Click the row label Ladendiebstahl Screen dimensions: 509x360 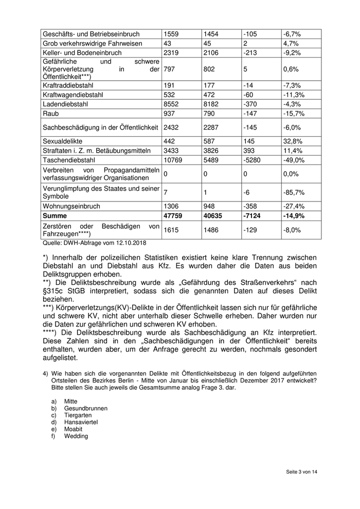[x=66, y=104]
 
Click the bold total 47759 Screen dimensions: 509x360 [x=173, y=216]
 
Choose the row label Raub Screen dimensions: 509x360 [x=50, y=113]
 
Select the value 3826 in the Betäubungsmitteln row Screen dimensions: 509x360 [x=212, y=151]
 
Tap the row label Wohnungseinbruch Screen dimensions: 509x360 [x=71, y=206]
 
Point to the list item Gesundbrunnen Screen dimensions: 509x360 [x=86, y=408]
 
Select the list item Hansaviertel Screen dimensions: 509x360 [x=81, y=422]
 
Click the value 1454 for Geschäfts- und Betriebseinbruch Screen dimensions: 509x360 [x=211, y=34]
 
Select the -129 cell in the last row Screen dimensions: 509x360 [x=250, y=230]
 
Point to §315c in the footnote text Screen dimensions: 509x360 [x=54, y=292]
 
